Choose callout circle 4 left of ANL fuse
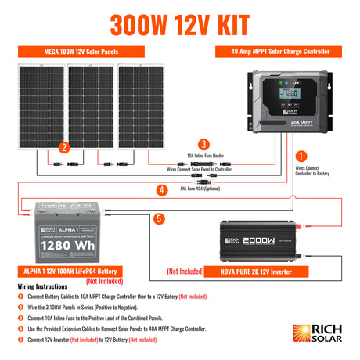[162, 189]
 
